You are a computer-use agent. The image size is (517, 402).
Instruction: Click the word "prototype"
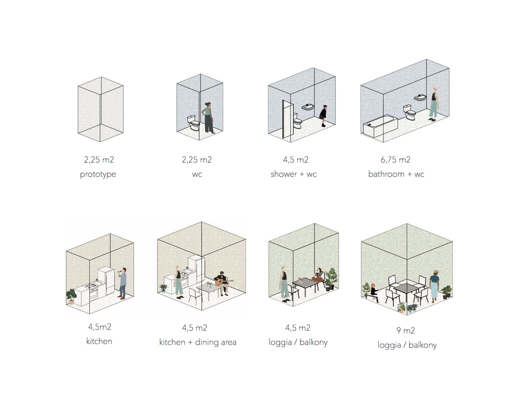[98, 174]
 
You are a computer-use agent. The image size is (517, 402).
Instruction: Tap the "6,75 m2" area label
[396, 160]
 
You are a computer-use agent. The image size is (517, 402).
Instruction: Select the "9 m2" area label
[406, 330]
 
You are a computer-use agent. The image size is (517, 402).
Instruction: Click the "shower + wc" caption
[294, 174]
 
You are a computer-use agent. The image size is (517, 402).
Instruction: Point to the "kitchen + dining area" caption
[197, 342]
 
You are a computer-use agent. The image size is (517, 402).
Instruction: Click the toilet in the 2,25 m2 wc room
[194, 123]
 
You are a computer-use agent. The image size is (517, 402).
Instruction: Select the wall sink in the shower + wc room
[308, 107]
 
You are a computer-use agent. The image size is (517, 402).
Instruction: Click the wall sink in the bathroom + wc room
[421, 97]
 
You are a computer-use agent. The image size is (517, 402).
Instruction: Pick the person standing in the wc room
[208, 118]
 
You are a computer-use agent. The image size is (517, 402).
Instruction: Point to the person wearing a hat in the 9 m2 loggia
[435, 286]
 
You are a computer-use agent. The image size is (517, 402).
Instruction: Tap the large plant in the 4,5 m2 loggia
[331, 278]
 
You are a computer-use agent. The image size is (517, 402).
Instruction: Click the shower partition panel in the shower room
[288, 120]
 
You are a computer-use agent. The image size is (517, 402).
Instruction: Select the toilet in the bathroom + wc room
[409, 112]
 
